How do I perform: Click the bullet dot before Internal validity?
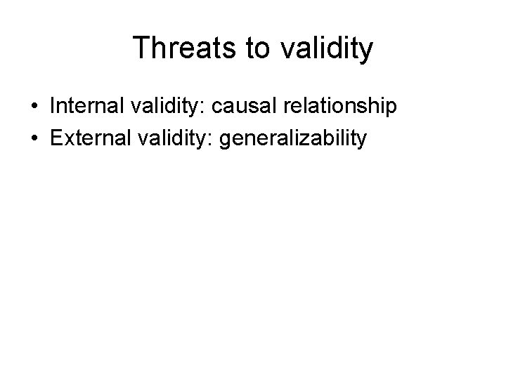34,107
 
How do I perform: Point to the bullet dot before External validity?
34,139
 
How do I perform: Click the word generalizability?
292,138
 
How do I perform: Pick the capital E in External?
56,138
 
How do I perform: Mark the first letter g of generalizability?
226,141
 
